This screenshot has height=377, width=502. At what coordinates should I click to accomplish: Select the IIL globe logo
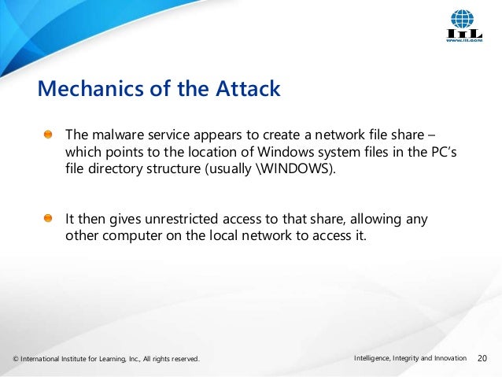point(462,20)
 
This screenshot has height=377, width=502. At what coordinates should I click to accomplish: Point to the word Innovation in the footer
point(448,360)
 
